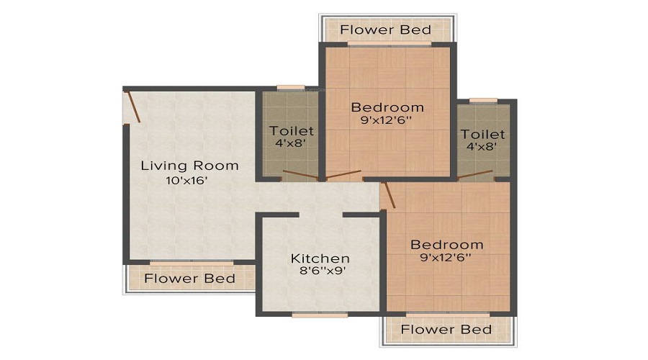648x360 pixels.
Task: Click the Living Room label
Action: tap(189, 166)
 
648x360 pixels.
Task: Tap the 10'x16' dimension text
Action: tap(186, 181)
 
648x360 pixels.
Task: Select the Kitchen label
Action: tap(320, 258)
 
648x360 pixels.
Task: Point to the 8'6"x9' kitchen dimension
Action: tap(323, 271)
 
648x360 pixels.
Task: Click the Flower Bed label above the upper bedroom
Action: tap(386, 30)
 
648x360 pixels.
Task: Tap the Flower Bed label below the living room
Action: tap(189, 279)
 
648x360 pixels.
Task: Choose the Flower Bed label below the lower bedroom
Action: tap(446, 330)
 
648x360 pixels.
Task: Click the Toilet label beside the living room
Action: tap(292, 131)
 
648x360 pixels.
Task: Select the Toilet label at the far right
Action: tap(482, 135)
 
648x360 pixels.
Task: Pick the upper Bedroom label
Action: tap(387, 107)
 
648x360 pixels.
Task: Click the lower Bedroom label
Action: tap(446, 245)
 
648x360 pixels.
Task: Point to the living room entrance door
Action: tap(133, 107)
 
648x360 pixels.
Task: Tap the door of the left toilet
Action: tap(300, 175)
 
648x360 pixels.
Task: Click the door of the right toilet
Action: tap(475, 175)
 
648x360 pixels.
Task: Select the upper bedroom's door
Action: tap(343, 175)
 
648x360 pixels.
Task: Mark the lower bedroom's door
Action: tap(390, 195)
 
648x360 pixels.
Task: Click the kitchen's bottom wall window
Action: tap(320, 315)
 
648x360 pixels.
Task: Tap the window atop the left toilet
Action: tap(291, 88)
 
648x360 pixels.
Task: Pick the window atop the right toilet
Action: tap(483, 100)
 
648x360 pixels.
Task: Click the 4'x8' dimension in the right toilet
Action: tap(482, 146)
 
